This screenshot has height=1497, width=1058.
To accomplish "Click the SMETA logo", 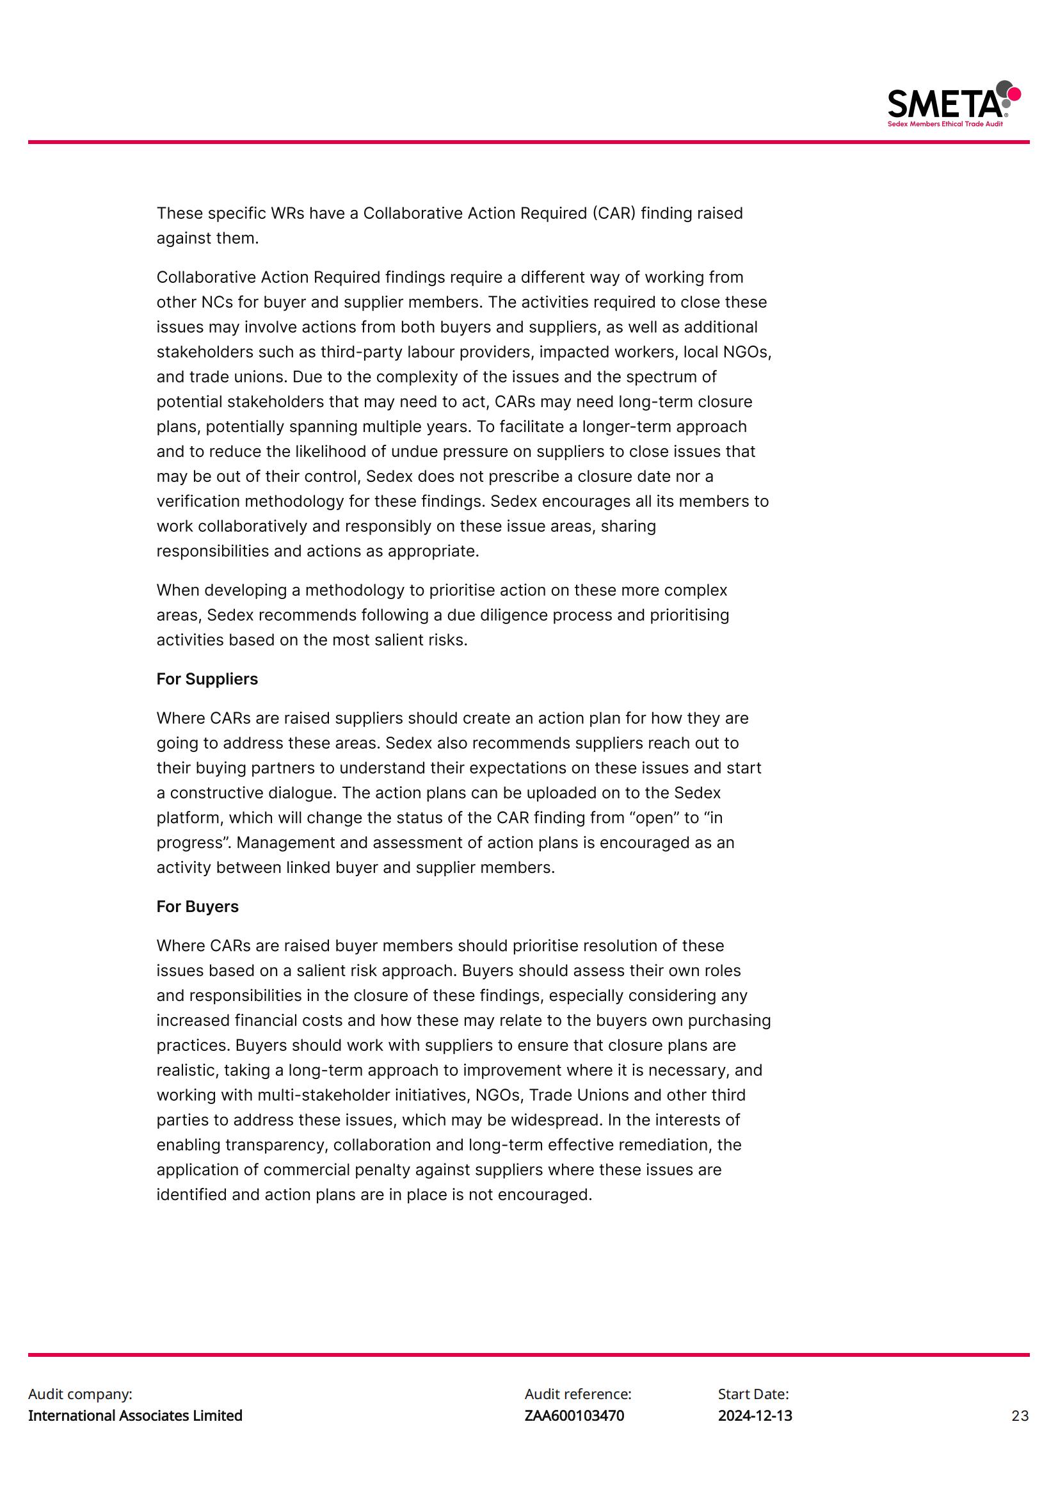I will tap(953, 103).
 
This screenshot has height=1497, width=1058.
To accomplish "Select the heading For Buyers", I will tap(197, 906).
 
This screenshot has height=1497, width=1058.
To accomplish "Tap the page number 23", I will tap(1020, 1416).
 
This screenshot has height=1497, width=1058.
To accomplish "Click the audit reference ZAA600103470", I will tap(573, 1416).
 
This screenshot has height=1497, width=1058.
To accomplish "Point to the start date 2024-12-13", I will tap(755, 1416).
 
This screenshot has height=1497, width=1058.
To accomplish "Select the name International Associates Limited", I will tap(135, 1416).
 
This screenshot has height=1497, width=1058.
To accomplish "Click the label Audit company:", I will tap(79, 1394).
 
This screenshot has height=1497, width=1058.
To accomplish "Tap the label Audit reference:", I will tap(577, 1394).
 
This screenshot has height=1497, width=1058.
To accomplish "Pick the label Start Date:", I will tap(753, 1394).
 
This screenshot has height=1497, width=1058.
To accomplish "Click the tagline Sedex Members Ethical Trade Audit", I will tap(945, 124).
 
